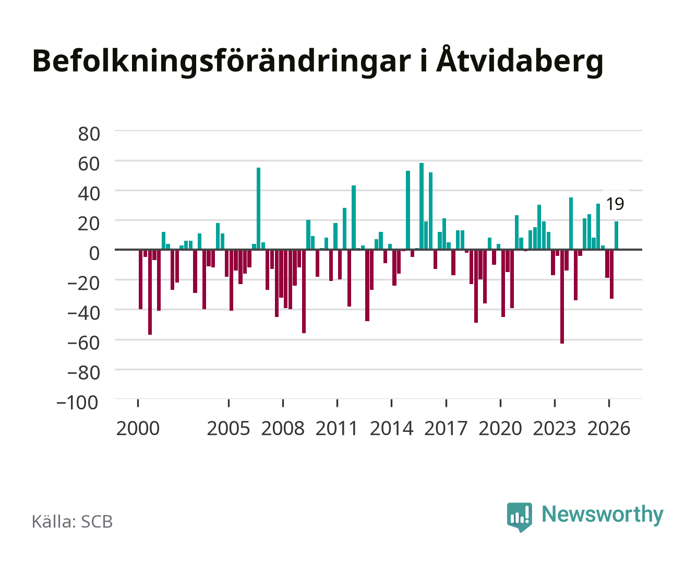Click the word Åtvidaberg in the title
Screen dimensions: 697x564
tap(520, 60)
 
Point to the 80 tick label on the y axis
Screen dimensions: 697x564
tap(89, 134)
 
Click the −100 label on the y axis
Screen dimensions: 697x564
tap(77, 403)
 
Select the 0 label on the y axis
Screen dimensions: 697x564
tap(94, 253)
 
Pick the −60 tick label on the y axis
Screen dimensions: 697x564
tap(83, 343)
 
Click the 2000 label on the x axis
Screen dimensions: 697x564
tap(138, 428)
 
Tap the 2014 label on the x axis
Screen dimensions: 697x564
tap(391, 428)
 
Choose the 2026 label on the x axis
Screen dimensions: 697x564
tap(609, 428)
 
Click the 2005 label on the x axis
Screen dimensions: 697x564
tap(229, 428)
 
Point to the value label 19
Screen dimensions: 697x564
tap(615, 204)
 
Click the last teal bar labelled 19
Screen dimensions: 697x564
tap(616, 236)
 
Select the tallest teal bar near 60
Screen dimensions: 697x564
tap(422, 206)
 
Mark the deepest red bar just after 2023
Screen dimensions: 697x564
tap(562, 297)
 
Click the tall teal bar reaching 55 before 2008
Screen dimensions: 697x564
tap(259, 209)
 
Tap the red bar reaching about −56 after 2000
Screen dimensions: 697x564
tap(150, 292)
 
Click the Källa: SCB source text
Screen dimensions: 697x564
tap(73, 521)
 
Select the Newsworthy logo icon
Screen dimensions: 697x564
tap(519, 517)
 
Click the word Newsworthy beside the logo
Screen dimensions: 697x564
tap(603, 515)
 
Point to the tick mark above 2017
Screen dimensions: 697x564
tap(446, 403)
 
